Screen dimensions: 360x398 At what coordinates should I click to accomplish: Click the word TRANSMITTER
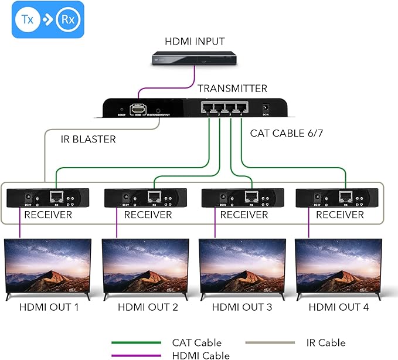coord(232,89)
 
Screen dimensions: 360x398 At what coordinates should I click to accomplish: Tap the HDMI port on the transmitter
coord(138,110)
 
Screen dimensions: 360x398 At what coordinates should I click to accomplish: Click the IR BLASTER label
coord(88,140)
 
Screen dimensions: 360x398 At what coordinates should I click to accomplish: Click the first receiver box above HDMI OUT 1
coord(47,199)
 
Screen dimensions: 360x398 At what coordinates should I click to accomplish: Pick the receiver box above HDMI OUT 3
coord(243,199)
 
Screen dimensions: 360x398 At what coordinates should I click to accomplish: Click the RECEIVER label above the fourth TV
coord(339,215)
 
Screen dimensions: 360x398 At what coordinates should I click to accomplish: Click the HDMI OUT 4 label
coord(339,307)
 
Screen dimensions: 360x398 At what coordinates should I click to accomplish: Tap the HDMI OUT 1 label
coord(49,307)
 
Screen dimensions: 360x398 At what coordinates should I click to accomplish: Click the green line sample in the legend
coord(136,343)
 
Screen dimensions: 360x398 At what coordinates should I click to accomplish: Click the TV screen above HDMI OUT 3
coord(242,267)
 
